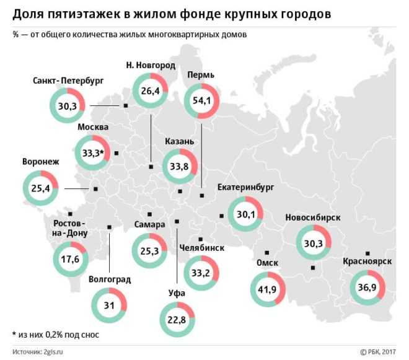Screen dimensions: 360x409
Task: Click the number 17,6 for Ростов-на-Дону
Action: (x=70, y=259)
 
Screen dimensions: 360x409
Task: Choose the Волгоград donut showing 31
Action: (x=109, y=305)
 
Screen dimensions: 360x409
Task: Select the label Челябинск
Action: (x=201, y=248)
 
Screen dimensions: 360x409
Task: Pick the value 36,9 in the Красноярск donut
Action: (x=367, y=286)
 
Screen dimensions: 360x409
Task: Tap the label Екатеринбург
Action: (x=246, y=187)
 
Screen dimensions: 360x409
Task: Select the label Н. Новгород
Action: (x=150, y=64)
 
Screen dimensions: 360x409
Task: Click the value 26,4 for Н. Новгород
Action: (x=151, y=92)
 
